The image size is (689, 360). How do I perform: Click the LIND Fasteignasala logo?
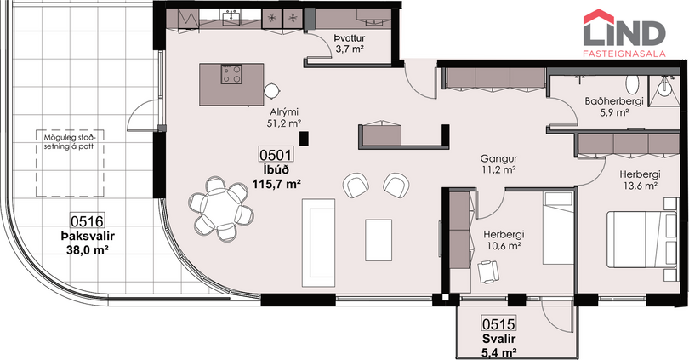[x=624, y=33]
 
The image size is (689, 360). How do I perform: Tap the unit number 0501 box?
[x=276, y=155]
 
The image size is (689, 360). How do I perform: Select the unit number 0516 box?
[x=87, y=221]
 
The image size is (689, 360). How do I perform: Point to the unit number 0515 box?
[x=498, y=324]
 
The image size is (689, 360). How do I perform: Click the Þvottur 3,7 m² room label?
[x=350, y=44]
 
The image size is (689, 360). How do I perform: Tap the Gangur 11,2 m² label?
[x=498, y=164]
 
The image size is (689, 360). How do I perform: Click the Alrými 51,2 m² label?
[x=284, y=117]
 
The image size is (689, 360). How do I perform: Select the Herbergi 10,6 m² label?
[x=504, y=241]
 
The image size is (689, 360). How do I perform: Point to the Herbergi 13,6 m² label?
[x=640, y=180]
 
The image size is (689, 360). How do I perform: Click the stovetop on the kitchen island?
[x=231, y=74]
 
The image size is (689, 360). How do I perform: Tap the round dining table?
[x=221, y=208]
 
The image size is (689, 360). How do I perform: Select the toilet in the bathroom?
[x=632, y=83]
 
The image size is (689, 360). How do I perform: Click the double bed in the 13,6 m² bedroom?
[x=642, y=239]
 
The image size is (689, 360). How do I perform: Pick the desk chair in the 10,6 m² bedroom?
[x=488, y=271]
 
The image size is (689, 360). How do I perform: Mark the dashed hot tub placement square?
[x=70, y=163]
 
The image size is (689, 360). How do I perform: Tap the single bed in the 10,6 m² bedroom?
[x=558, y=228]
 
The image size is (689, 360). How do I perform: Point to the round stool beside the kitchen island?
[x=272, y=91]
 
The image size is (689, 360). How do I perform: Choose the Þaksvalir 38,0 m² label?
[x=88, y=243]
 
